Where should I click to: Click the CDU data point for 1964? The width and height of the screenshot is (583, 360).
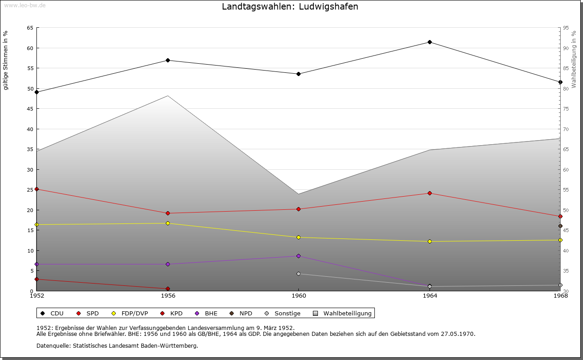point(430,42)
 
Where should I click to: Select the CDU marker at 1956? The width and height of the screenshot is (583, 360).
point(168,61)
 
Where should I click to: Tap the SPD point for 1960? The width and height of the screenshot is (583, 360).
point(298,209)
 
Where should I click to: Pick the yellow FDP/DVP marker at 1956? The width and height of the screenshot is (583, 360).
point(168,223)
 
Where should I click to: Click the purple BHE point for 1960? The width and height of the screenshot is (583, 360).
point(298,256)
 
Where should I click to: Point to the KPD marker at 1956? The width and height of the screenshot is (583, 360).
point(168,289)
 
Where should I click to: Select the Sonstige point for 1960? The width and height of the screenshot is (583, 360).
point(298,274)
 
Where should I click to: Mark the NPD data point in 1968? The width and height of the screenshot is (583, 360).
point(560,226)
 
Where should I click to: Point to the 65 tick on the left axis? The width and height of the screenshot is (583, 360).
point(30,28)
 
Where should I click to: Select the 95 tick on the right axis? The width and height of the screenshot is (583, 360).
point(566,28)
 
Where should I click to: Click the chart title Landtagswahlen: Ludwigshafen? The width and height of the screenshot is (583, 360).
point(290,7)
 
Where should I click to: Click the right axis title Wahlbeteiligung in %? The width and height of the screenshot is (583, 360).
point(574,59)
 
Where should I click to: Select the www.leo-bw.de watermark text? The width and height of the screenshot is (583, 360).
point(25,5)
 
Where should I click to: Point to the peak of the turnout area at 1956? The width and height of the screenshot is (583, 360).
point(168,96)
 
